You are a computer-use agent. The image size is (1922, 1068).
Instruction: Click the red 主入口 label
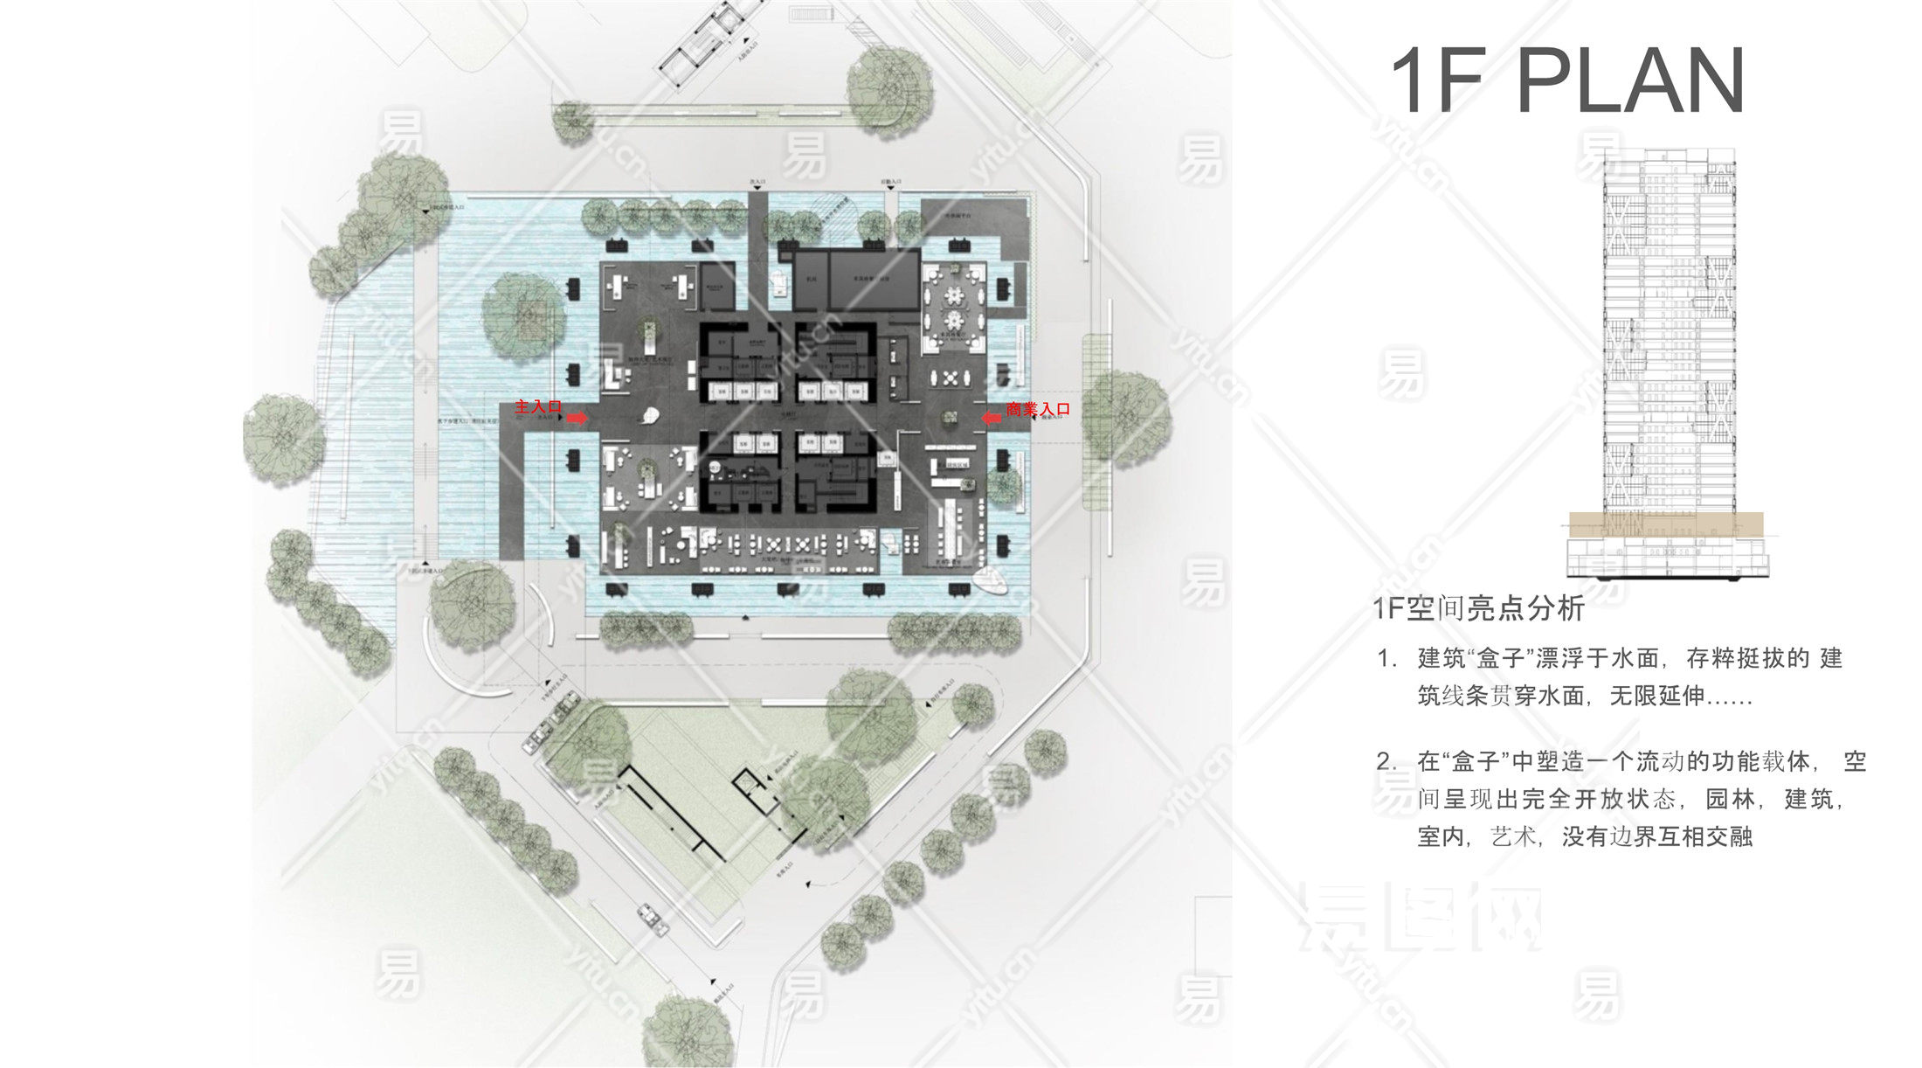537,406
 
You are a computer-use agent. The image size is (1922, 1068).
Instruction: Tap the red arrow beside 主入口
577,419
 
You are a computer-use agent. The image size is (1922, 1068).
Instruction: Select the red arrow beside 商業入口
992,419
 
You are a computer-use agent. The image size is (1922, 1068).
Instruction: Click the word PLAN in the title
1630,81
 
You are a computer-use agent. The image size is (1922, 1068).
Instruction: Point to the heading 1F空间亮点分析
1477,608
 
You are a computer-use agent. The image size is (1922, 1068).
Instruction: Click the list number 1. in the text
1387,658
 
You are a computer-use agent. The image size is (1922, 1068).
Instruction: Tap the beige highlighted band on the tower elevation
1665,524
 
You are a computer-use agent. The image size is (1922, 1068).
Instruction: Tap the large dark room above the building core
873,280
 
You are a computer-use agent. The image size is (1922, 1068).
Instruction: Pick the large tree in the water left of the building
523,316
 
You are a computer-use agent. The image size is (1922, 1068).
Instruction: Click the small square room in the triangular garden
747,782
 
